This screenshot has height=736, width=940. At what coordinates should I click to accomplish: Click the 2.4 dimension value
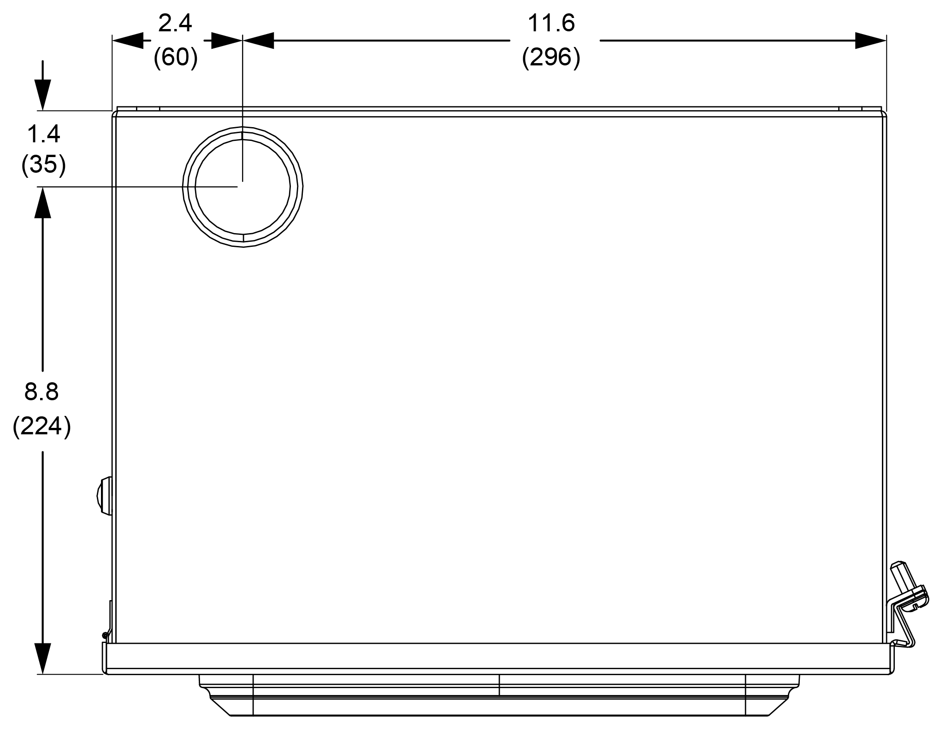click(175, 23)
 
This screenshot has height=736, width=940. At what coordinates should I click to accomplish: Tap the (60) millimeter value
click(176, 58)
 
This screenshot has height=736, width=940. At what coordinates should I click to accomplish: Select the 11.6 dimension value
click(551, 23)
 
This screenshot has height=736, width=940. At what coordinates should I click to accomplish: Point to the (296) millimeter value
click(551, 58)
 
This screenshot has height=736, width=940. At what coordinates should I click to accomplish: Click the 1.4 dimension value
click(44, 134)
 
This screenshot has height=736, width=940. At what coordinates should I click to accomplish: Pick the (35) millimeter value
click(44, 165)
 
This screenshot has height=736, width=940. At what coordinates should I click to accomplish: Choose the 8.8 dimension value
click(41, 392)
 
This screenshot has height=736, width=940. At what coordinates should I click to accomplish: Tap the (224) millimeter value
click(42, 426)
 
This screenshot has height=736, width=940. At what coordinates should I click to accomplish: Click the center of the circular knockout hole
click(243, 187)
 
